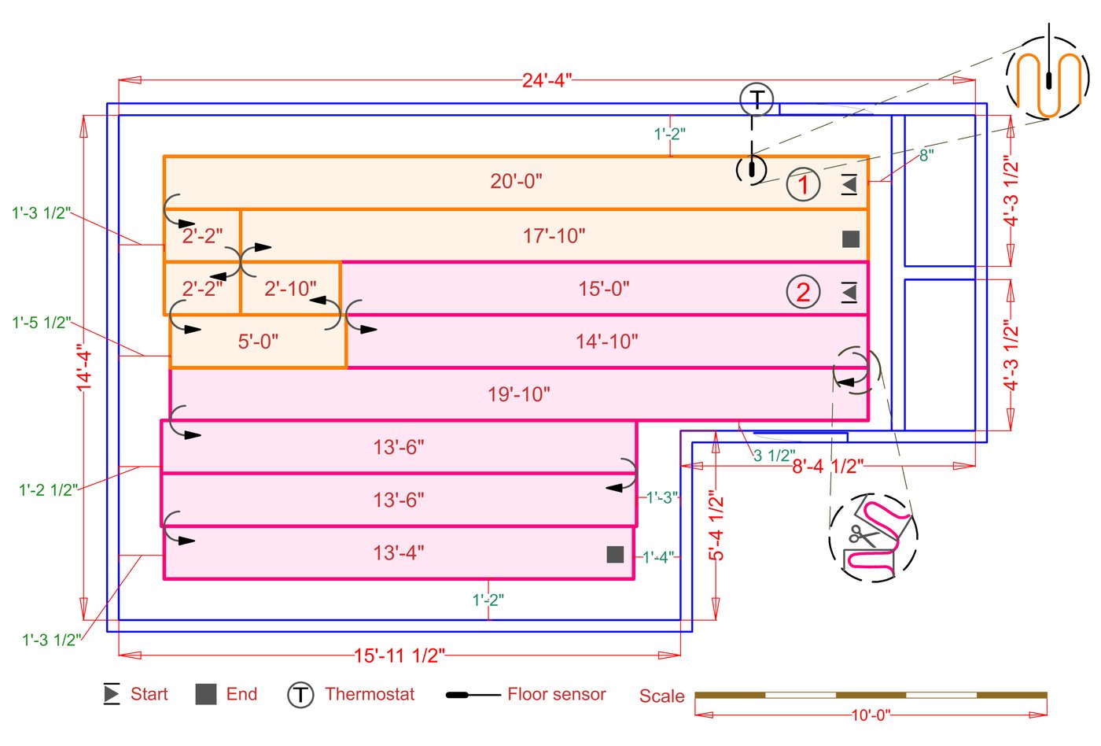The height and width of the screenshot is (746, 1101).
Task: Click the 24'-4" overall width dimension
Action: point(547,79)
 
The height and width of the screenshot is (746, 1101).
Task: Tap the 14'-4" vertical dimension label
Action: point(84,367)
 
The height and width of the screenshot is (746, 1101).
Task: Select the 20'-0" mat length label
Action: point(516,181)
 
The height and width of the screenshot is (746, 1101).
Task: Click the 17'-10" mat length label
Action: point(554,235)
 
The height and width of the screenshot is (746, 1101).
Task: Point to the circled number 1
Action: point(803,185)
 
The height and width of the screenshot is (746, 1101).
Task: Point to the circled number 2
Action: point(803,292)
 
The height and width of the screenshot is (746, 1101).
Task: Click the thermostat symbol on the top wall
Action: point(757,100)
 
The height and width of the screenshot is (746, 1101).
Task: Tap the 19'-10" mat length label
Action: point(518,393)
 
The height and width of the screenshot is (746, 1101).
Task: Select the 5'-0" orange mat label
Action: point(258,342)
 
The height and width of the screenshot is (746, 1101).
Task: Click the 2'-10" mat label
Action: point(290,289)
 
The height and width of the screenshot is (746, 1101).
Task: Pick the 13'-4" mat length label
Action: point(398,552)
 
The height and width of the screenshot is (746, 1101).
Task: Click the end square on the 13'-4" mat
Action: point(615,555)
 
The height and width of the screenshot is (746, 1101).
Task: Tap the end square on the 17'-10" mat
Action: point(850,238)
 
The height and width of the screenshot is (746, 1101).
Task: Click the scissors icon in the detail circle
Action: point(862,537)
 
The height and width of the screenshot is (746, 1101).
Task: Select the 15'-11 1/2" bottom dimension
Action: point(399,655)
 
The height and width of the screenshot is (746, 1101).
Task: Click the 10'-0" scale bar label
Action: point(871,715)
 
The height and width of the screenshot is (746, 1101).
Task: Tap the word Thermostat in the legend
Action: point(370,694)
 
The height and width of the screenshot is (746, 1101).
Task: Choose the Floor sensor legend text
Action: point(556,694)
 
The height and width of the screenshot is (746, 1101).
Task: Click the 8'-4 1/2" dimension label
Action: point(827,466)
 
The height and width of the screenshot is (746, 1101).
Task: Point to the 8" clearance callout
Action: point(926,156)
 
